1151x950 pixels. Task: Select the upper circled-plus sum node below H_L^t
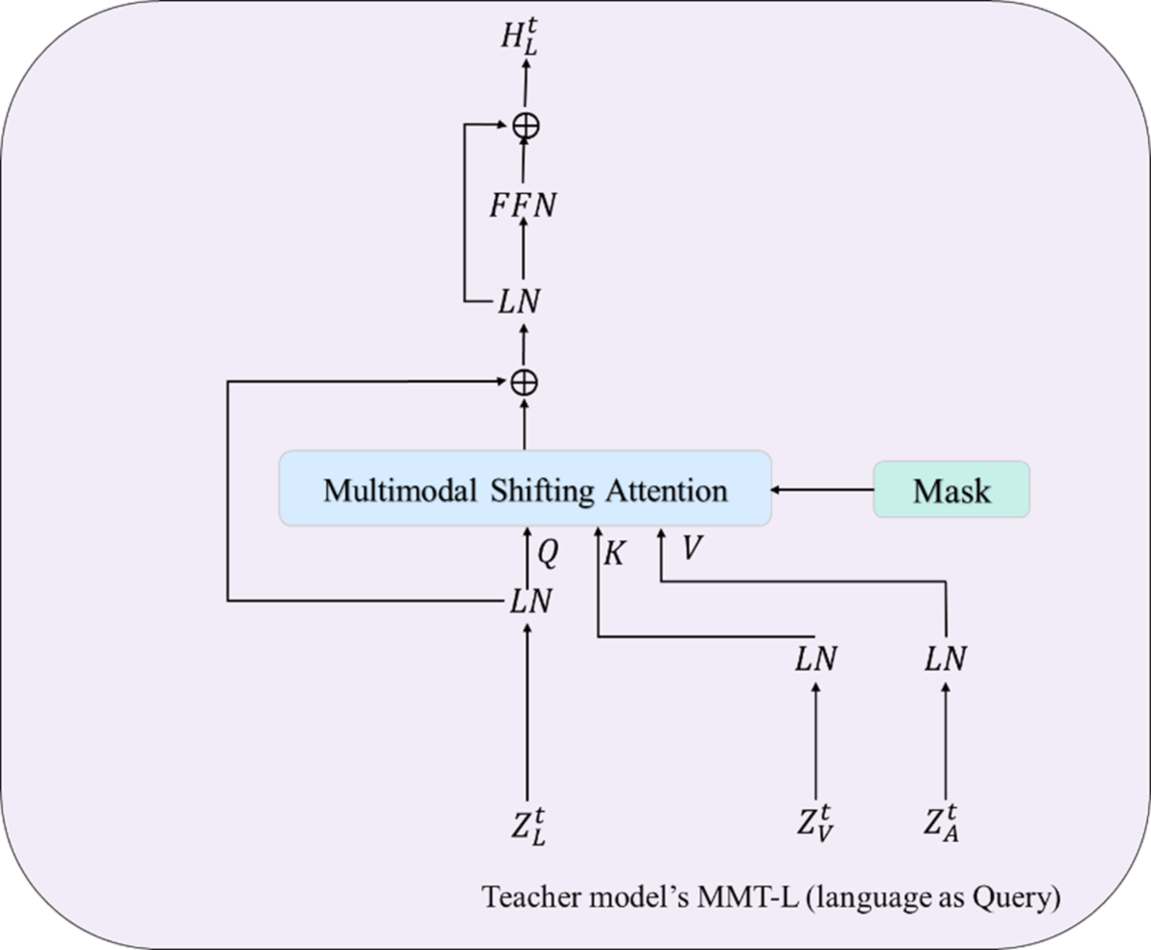[x=525, y=125]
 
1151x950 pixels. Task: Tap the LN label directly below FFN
[x=520, y=302]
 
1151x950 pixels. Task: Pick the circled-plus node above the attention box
[x=525, y=382]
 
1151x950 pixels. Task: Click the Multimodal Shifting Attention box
[x=525, y=488]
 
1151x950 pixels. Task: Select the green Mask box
[x=951, y=489]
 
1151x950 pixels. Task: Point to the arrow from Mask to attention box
[x=822, y=489]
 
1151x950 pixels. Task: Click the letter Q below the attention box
[x=548, y=552]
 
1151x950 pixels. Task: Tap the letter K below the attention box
[x=615, y=555]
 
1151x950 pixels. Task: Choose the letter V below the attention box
[x=691, y=549]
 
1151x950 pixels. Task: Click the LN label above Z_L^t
[x=530, y=602]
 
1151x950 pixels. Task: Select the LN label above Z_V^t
[x=816, y=659]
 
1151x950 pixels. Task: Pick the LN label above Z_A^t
[x=946, y=659]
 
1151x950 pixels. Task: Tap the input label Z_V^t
[x=816, y=826]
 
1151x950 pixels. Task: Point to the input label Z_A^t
[x=945, y=826]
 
